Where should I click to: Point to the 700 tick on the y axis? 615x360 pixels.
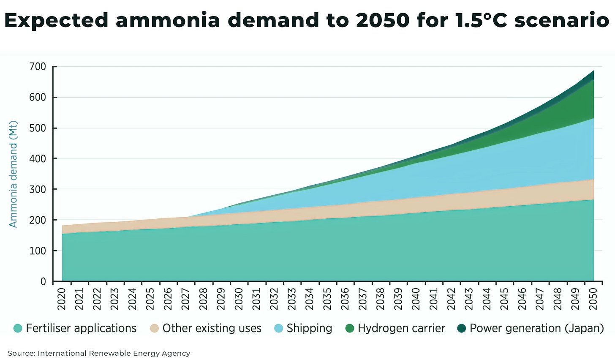pos(38,67)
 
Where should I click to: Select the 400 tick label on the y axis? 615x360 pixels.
pos(38,159)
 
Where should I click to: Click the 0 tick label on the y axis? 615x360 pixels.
pos(44,281)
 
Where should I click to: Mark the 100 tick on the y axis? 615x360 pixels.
pos(38,251)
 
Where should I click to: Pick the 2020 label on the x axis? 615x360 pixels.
pos(62,299)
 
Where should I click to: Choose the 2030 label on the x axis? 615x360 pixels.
pos(239,299)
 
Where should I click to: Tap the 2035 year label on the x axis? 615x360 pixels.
pos(327,299)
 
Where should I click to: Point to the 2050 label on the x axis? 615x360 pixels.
pos(593,299)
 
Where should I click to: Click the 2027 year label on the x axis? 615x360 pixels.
pos(186,299)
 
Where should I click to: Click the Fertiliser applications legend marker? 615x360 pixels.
pos(18,328)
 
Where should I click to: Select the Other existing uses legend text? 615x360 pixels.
pos(212,328)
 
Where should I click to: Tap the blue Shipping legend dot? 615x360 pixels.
pos(279,328)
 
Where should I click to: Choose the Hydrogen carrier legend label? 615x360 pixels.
pos(401,328)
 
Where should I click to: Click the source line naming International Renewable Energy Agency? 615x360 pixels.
pos(99,353)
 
